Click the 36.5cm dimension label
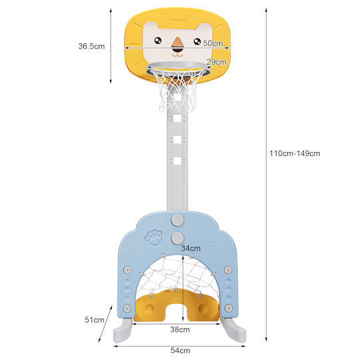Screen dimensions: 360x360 pos(91,46)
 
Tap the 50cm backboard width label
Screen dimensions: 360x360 pos(213,43)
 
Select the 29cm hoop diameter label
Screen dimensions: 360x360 pos(217,62)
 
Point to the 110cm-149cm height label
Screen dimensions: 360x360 pos(295,153)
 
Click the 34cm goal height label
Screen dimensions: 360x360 pos(191,248)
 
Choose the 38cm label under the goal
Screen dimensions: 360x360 pos(180,329)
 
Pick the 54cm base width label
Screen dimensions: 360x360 pos(180,351)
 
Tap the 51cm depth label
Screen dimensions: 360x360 pos(95,319)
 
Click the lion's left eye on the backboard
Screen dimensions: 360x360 pos(158,41)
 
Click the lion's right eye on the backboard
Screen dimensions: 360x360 pos(197,41)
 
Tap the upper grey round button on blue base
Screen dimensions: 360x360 pos(177,220)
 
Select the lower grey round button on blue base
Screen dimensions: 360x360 pos(177,238)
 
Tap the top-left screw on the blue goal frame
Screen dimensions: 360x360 pos(127,270)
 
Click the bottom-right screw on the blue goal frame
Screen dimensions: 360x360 pos(229,308)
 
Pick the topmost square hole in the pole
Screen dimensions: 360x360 pos(177,119)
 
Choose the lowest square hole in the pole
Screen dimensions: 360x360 pos(177,161)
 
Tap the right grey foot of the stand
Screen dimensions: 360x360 pos(234,330)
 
